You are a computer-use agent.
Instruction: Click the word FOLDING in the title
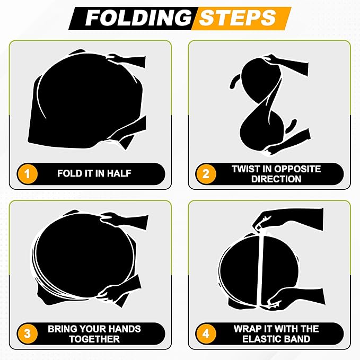138,18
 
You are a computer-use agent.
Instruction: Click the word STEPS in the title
238,18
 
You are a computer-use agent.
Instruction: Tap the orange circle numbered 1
28,173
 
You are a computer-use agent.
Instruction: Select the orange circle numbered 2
206,173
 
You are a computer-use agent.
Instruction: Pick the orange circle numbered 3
28,333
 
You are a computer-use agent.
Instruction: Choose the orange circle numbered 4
206,333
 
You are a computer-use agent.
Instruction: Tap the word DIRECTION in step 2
276,179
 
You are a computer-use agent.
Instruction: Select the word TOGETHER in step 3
94,339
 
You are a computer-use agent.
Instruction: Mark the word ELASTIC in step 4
260,339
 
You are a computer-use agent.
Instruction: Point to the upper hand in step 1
127,61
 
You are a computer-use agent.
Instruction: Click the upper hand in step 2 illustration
287,63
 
